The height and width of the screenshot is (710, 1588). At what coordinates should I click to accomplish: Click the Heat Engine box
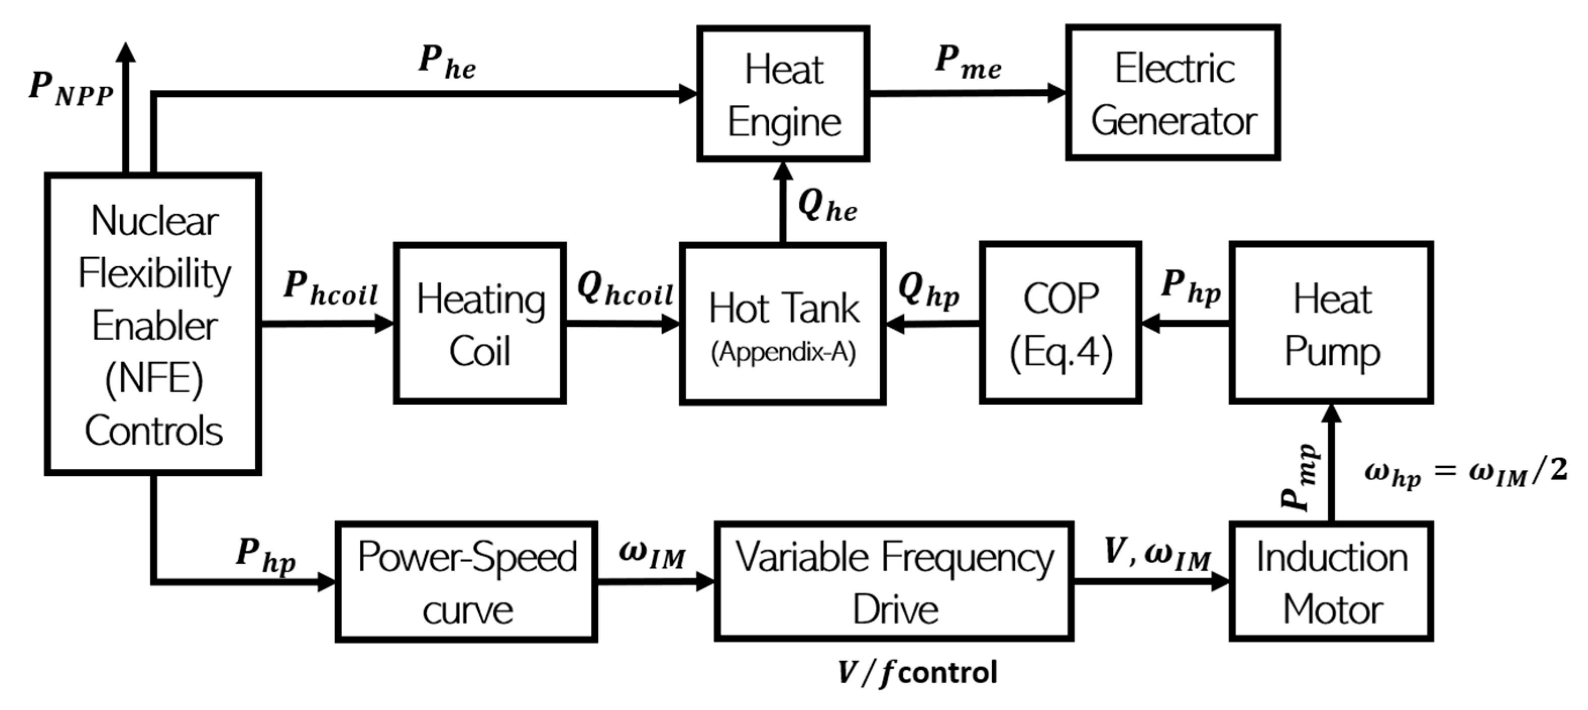coord(783,94)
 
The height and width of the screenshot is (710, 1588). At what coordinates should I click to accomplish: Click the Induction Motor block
coord(1331,582)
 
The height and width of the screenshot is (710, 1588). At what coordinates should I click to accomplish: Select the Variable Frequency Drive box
coord(894,582)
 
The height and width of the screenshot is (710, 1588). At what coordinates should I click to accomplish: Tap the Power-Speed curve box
coord(466,582)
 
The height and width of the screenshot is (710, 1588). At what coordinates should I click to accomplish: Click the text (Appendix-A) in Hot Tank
coord(783,352)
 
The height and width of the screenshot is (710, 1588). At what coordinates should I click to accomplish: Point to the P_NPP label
coord(71,89)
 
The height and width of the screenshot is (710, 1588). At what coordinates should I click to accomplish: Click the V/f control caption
coord(917,672)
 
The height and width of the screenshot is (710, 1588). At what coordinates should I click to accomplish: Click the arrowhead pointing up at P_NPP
coord(127,52)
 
